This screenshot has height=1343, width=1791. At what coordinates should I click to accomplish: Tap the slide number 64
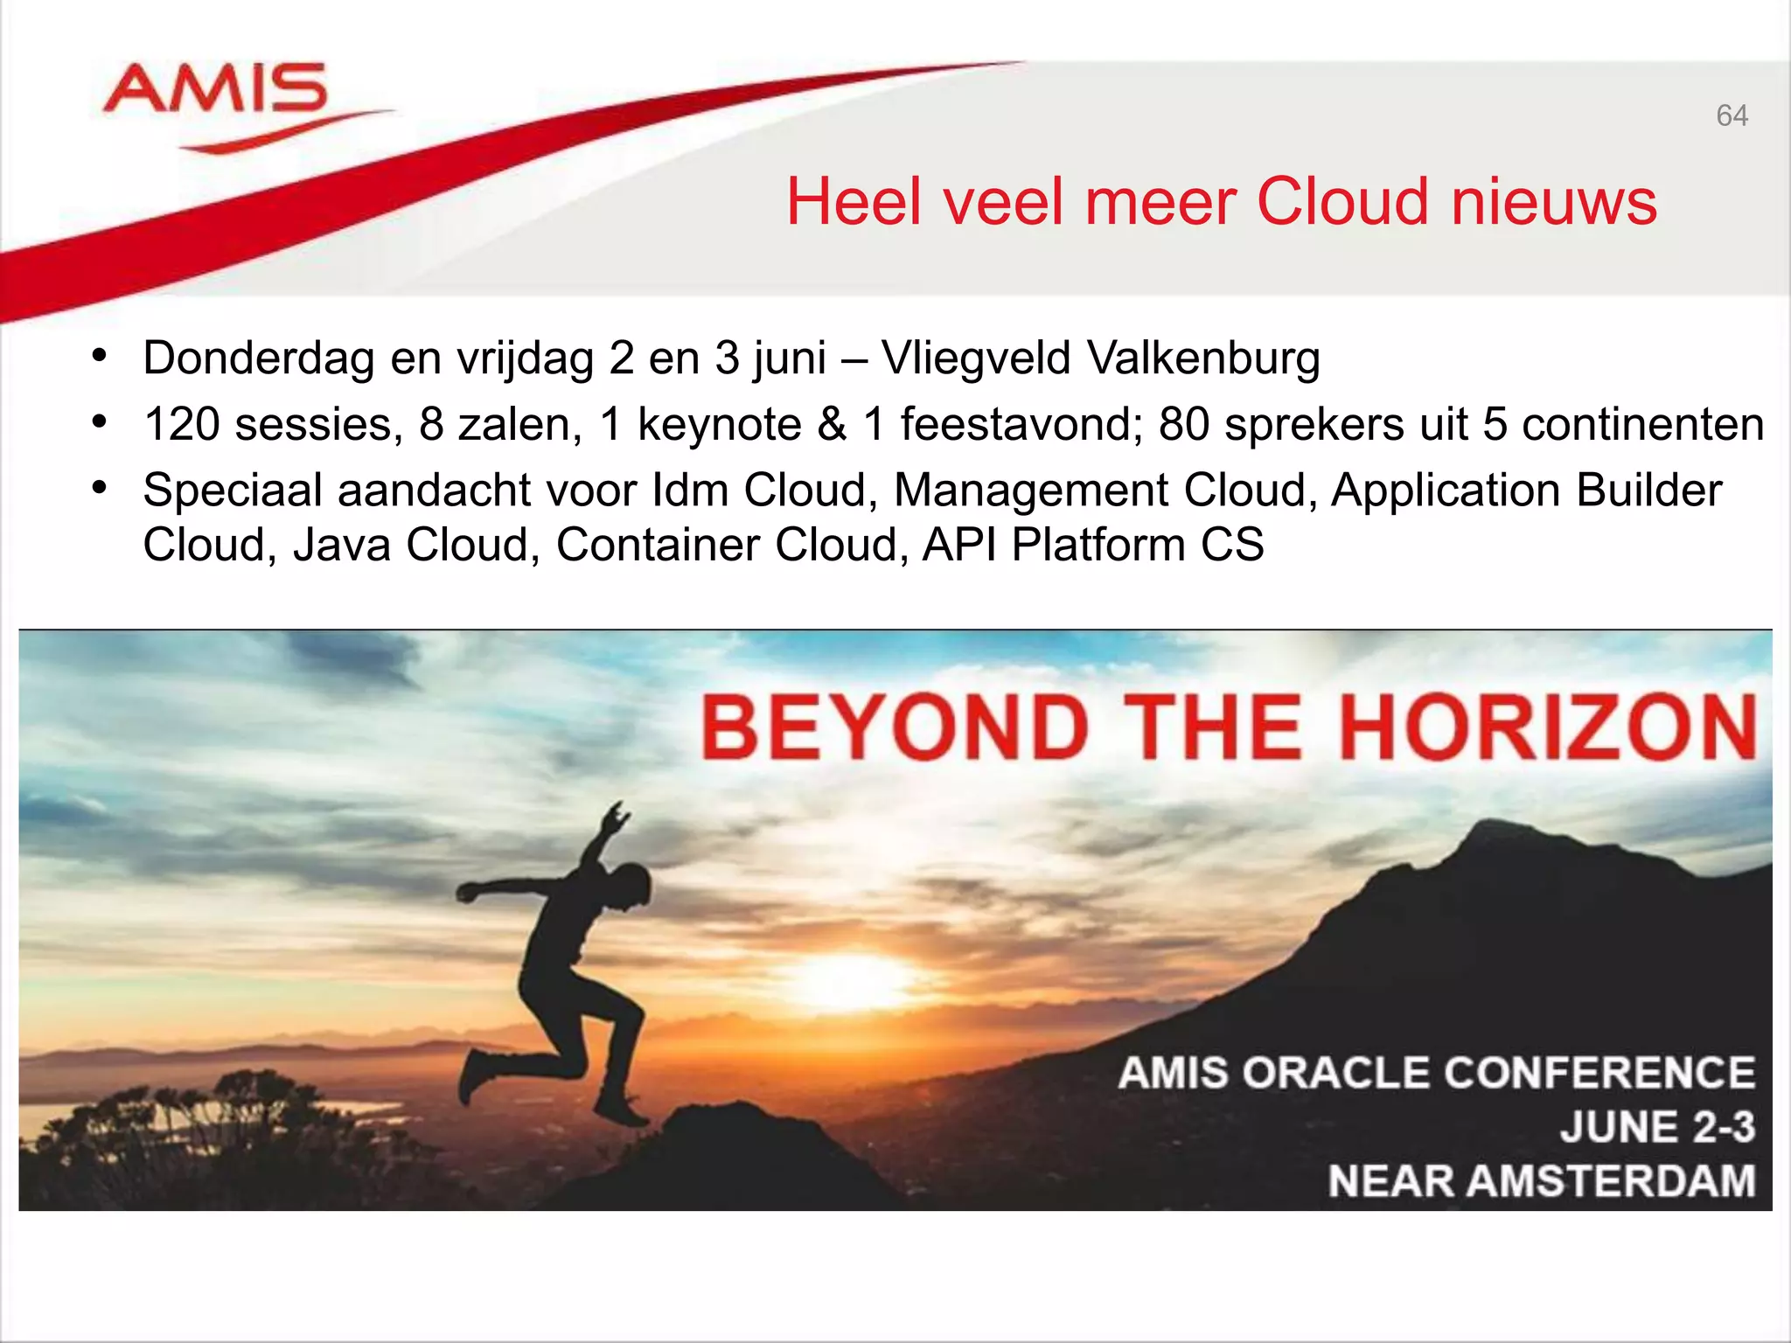pyautogui.click(x=1732, y=115)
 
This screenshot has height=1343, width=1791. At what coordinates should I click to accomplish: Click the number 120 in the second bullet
pyautogui.click(x=182, y=425)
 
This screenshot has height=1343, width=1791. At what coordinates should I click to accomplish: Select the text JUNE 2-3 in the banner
pyautogui.click(x=1657, y=1127)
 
